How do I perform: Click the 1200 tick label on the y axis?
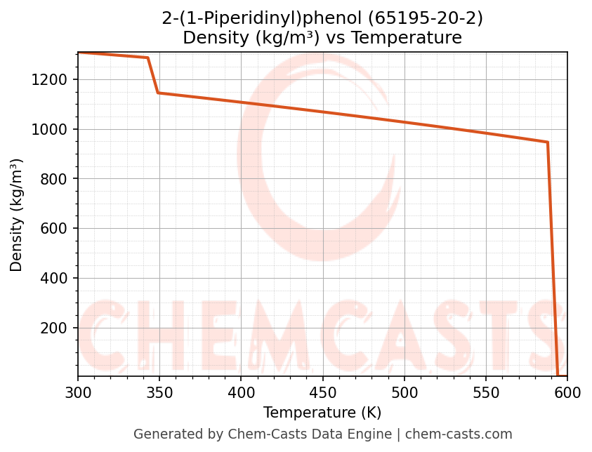(49, 80)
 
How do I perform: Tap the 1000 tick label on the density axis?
(49, 130)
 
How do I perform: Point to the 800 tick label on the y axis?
(53, 180)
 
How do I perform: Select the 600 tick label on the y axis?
(53, 229)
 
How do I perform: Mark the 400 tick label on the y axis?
(53, 279)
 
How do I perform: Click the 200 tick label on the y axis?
(53, 328)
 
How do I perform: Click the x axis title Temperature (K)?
(322, 413)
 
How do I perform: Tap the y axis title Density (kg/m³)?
(17, 215)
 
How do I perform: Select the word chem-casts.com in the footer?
(459, 434)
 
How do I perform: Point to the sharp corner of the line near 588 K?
(548, 142)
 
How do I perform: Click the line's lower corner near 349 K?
(158, 93)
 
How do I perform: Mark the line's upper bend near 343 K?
(147, 58)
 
